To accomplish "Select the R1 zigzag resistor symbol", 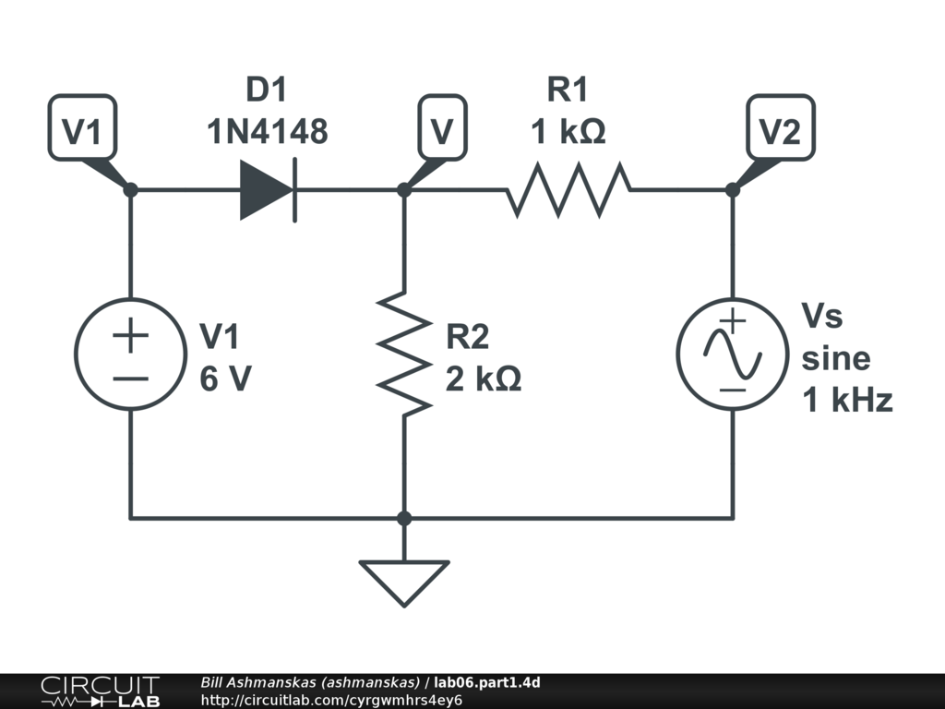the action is pyautogui.click(x=568, y=189).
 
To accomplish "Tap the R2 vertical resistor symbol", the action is pyautogui.click(x=404, y=354).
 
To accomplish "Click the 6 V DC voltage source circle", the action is pyautogui.click(x=130, y=354).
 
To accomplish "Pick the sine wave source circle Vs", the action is pyautogui.click(x=732, y=354).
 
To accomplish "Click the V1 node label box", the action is pyautogui.click(x=82, y=127).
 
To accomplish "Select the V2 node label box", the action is pyautogui.click(x=781, y=127).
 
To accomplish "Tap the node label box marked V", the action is pyautogui.click(x=442, y=127).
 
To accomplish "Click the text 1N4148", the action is pyautogui.click(x=268, y=131).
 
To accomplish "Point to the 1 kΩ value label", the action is pyautogui.click(x=568, y=131).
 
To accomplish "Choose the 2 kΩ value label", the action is pyautogui.click(x=484, y=379).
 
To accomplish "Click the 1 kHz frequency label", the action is pyautogui.click(x=847, y=401).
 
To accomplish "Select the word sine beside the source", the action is pyautogui.click(x=836, y=359).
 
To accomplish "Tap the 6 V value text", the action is pyautogui.click(x=226, y=379).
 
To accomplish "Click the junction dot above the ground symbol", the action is pyautogui.click(x=404, y=518).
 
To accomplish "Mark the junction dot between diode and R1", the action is pyautogui.click(x=404, y=190).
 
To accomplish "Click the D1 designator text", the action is pyautogui.click(x=267, y=90).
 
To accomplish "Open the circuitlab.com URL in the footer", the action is pyautogui.click(x=331, y=700).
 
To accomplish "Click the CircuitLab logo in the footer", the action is pyautogui.click(x=101, y=691).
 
